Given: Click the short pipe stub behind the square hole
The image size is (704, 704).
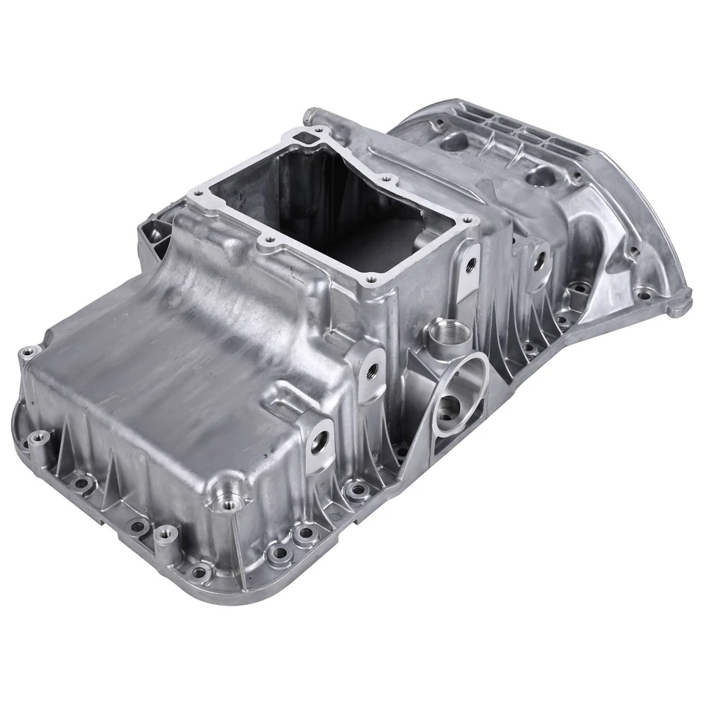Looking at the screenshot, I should [311, 116].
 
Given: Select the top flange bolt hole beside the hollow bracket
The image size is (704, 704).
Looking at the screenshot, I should [199, 192].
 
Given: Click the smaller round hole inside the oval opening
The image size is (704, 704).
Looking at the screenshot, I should [448, 407].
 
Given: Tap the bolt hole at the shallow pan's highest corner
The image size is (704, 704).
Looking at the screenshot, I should [29, 353].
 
